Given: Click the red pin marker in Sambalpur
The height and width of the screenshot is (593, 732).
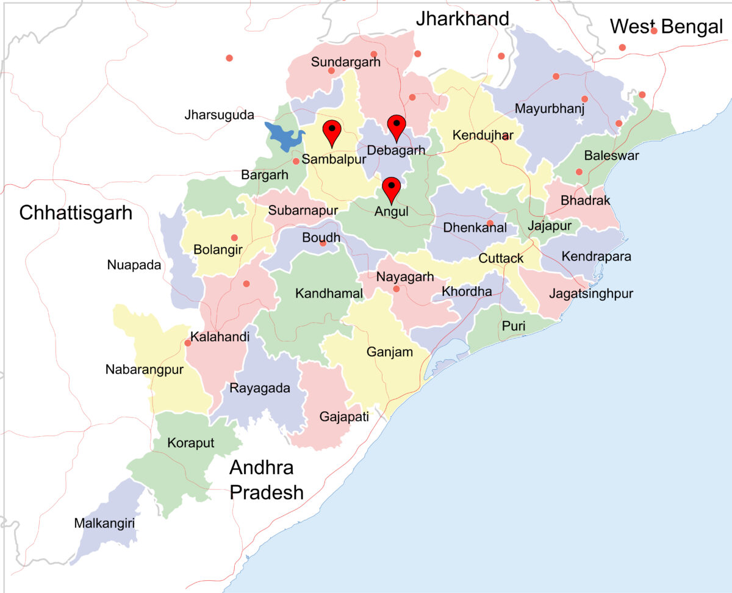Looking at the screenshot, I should coord(331,131).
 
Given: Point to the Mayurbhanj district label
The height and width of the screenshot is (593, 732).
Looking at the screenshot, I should coord(550,109).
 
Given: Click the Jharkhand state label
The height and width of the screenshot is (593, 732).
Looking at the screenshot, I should coord(462,19).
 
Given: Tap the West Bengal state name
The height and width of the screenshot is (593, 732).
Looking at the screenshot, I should coord(666,27).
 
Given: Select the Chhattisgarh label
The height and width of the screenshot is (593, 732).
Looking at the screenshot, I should coord(76,213).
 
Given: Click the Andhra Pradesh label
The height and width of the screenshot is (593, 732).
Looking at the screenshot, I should coord(266,480).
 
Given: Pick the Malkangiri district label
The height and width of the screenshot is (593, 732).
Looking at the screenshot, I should coord(104,523).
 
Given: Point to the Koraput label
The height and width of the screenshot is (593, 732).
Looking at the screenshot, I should coord(191,443).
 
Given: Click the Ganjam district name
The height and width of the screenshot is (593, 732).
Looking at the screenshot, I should coord(390,352).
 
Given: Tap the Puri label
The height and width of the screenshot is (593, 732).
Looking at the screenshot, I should coord(514,326).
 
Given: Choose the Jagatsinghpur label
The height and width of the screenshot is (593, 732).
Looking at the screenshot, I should coord(591,294).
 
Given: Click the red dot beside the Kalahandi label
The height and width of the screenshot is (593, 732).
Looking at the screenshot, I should coord(188,343).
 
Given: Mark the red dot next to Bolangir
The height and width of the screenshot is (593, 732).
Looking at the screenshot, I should coord(234,238).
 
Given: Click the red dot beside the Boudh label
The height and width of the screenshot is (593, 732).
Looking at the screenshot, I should coord(323,243).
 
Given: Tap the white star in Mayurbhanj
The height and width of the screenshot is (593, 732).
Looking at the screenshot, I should coord(579,121).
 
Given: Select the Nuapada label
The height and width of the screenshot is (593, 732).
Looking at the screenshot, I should coord(134,265).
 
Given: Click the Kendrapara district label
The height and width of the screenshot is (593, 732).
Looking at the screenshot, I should coord(596,256).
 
